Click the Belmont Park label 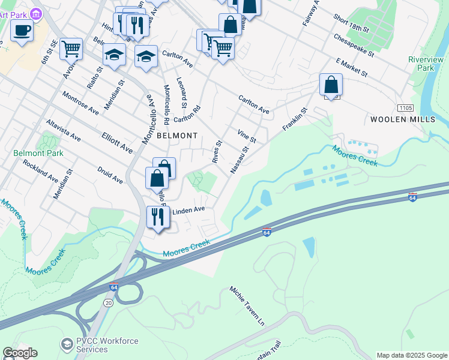[x=38, y=153]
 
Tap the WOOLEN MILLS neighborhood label [x=402, y=119]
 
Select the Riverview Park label [x=426, y=64]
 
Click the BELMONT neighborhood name [x=176, y=136]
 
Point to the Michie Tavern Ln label [x=247, y=305]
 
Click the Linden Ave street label [x=189, y=211]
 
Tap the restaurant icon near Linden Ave [x=157, y=217]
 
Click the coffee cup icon [x=22, y=30]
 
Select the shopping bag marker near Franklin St [x=331, y=85]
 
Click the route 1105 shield [x=405, y=107]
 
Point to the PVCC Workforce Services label [x=100, y=345]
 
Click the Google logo [x=20, y=353]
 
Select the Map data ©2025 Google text [x=412, y=355]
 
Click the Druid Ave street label [x=110, y=175]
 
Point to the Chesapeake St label [x=354, y=45]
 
